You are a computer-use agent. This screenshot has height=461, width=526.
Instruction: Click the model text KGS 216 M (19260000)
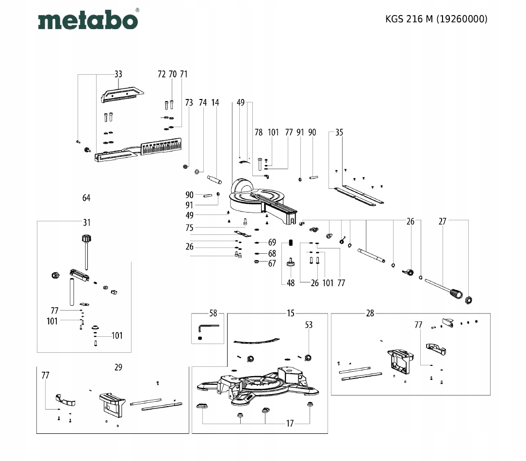[436, 19]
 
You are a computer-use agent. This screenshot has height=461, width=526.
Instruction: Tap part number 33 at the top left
[118, 74]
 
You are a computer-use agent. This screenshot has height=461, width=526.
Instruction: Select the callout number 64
[86, 198]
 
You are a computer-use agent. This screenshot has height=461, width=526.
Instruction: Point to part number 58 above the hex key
[213, 313]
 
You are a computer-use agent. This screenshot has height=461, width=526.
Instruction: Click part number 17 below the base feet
[290, 424]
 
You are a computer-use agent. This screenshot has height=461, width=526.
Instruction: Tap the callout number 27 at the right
[442, 221]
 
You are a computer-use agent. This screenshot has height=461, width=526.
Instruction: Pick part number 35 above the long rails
[339, 132]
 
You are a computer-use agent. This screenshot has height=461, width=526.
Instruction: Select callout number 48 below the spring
[291, 283]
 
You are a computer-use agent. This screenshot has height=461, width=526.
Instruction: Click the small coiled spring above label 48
[291, 243]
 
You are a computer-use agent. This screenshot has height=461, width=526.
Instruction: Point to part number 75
[189, 228]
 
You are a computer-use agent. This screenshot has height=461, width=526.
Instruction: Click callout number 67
[272, 263]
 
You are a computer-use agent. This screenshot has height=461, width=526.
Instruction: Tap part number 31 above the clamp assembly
[86, 223]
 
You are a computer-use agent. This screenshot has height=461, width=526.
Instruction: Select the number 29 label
[118, 367]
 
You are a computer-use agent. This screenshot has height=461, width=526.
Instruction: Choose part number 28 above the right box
[370, 313]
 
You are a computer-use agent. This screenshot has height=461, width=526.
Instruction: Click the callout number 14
[215, 102]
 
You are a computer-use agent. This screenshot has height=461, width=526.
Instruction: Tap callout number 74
[203, 102]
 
